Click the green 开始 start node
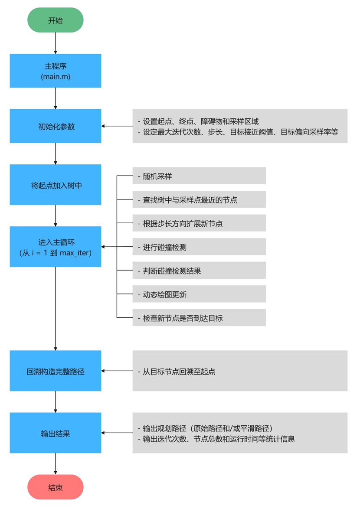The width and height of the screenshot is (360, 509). tap(56, 20)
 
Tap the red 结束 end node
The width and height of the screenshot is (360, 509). tap(56, 487)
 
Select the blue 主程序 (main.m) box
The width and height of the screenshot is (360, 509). tap(56, 71)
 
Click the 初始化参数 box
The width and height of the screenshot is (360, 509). tap(56, 126)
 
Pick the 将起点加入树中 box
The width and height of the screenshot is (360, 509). tap(56, 185)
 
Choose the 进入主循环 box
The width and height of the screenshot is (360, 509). tap(56, 247)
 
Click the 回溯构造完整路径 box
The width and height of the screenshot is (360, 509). tap(56, 371)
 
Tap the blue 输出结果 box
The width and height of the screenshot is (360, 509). tap(56, 433)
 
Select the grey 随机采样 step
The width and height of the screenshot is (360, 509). tap(199, 176)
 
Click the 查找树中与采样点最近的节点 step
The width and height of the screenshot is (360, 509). tap(199, 200)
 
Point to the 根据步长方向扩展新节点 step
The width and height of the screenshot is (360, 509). tap(199, 223)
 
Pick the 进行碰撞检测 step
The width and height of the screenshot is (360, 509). tap(199, 247)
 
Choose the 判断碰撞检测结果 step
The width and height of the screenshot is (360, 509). tap(199, 271)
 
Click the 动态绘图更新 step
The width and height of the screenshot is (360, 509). tap(199, 294)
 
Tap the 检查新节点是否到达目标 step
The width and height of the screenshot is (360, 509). tap(199, 318)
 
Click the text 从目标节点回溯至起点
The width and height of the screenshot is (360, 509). tap(179, 372)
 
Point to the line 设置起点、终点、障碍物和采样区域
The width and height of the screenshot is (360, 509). tap(201, 121)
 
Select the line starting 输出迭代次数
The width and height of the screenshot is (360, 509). tap(219, 439)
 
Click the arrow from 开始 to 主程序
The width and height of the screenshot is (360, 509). tap(56, 43)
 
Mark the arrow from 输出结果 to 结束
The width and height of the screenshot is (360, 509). tap(56, 463)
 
